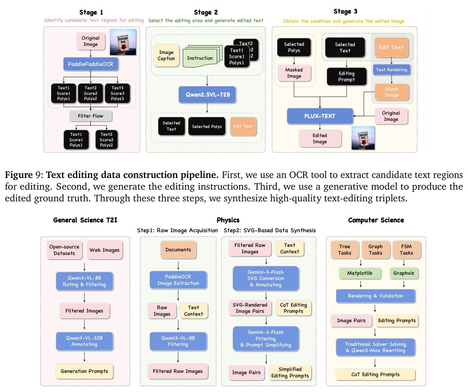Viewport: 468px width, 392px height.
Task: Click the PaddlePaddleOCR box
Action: pos(91,64)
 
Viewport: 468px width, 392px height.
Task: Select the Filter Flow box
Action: pos(91,116)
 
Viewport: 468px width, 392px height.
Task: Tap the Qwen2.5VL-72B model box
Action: pos(207,95)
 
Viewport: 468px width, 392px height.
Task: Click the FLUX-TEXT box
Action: pos(320,116)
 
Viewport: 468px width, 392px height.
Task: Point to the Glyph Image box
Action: pos(392,92)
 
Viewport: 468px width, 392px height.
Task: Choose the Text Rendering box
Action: pos(392,70)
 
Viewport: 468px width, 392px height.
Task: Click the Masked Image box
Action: pos(294,73)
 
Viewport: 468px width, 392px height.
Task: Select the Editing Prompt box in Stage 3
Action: pos(347,76)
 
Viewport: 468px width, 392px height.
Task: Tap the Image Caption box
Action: pos(166,56)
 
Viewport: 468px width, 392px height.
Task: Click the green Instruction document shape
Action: pos(200,58)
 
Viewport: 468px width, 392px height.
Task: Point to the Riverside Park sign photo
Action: pos(123,42)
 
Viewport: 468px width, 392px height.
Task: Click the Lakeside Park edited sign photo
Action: pos(363,138)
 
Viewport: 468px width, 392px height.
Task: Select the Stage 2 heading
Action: pos(206,12)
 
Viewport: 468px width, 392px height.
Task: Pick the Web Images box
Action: pos(105,250)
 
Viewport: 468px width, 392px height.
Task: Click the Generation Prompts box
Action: pos(84,371)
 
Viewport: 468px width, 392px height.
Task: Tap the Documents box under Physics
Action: pos(178,250)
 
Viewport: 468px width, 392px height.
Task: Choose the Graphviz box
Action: pos(404,273)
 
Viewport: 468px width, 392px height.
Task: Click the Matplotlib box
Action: pos(360,273)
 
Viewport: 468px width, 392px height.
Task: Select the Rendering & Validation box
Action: pos(376,296)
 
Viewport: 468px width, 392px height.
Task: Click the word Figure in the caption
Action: pos(19,175)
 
